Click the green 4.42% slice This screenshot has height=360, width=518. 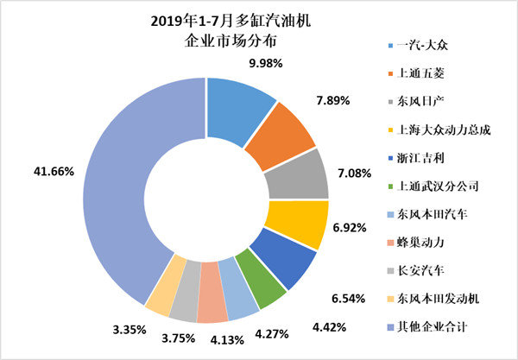268,291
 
